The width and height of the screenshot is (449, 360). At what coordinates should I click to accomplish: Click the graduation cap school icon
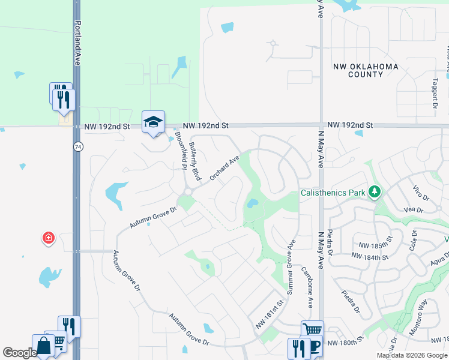coord(153,122)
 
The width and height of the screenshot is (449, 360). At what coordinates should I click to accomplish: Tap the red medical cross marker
coord(48,238)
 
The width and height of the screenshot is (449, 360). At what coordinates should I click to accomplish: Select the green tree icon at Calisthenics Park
coord(375,192)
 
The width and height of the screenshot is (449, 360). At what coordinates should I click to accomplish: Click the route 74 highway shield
coord(78,146)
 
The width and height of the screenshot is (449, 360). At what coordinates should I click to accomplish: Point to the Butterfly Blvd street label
coord(194,161)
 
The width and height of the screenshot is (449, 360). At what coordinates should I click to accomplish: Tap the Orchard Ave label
coord(224,168)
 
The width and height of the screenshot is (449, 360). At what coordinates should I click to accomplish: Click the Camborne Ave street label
coord(307,287)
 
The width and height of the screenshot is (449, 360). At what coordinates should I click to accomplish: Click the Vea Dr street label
coord(415,210)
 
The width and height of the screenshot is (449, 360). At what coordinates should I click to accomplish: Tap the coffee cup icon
coord(314,349)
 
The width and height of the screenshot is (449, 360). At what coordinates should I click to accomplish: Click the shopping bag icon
coord(43,347)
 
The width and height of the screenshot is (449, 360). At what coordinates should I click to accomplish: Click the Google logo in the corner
coord(20,353)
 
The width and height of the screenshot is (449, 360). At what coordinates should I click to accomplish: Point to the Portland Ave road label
coord(77,35)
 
